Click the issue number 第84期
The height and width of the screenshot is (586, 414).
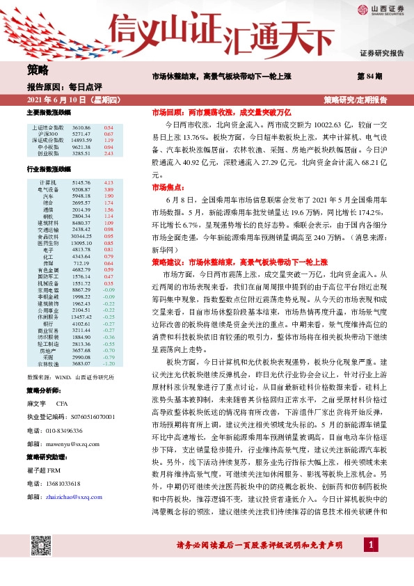[368, 76]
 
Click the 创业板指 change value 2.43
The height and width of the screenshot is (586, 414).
[109, 153]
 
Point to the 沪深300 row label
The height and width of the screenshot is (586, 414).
[49, 134]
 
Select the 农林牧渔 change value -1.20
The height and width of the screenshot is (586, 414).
[108, 363]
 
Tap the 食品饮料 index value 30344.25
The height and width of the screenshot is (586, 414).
[81, 236]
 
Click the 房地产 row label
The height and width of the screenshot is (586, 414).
[49, 350]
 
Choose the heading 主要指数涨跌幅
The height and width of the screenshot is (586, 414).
[49, 112]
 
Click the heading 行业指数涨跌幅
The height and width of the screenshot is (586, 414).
[49, 169]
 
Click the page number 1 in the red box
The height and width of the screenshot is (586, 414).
[373, 563]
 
